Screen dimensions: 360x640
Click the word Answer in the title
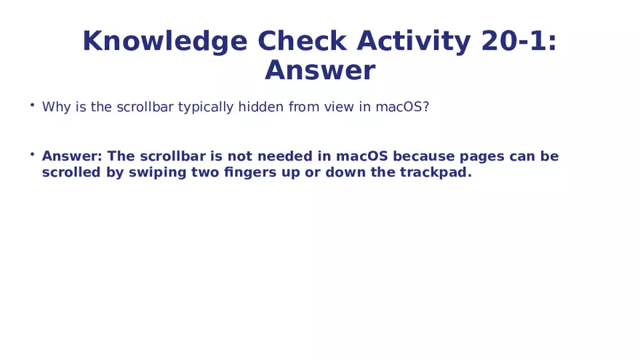pos(320,71)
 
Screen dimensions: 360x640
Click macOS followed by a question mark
pos(402,107)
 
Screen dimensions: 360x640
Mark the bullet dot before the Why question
pos(32,105)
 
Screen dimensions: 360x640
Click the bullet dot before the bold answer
pos(32,154)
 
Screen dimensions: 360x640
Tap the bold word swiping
pos(156,173)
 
